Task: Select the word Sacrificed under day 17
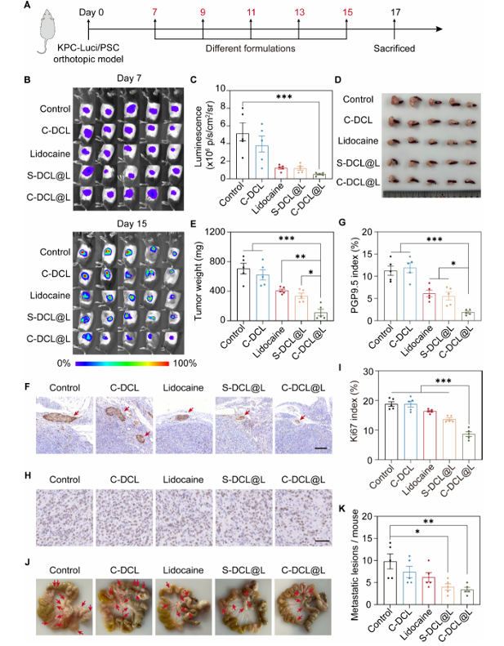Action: (x=394, y=49)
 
